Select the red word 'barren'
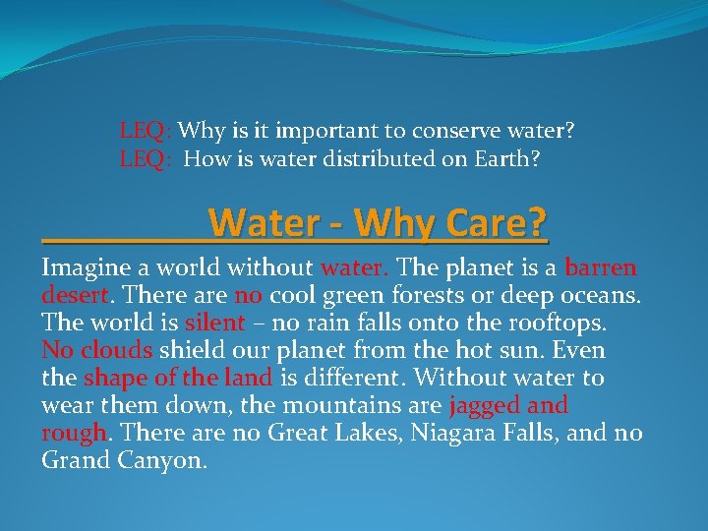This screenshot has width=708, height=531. click(x=601, y=267)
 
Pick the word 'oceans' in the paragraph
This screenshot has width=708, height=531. click(x=601, y=295)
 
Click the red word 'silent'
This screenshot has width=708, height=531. click(x=214, y=323)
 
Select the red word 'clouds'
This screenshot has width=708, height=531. click(x=116, y=350)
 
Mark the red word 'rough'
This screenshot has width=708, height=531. click(x=73, y=433)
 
